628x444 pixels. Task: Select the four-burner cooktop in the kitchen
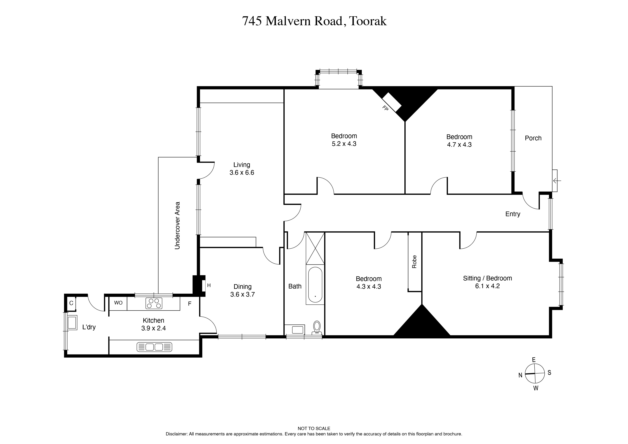point(154,303)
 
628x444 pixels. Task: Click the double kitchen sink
point(154,347)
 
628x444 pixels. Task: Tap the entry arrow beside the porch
point(557,180)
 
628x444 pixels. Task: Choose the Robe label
point(414,262)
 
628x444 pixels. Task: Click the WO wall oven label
point(118,303)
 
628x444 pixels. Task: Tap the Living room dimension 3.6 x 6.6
point(242,173)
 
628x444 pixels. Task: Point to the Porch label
point(533,138)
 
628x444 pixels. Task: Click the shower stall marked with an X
point(315,248)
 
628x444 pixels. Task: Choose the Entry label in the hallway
point(513,214)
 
